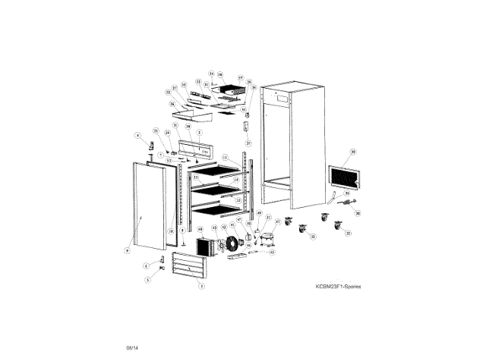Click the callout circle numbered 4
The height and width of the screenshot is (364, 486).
pyautogui.click(x=138, y=136)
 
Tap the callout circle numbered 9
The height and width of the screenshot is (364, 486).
pyautogui.click(x=128, y=248)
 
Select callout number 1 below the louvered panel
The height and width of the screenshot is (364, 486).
pyautogui.click(x=201, y=286)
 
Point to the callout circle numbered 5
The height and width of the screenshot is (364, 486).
pyautogui.click(x=148, y=279)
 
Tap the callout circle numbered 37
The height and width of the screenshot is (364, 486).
pyautogui.click(x=248, y=143)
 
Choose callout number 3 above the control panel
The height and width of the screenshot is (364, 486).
pyautogui.click(x=199, y=132)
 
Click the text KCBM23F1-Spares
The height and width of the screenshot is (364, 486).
pyautogui.click(x=339, y=287)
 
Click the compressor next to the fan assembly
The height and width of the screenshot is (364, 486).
pyautogui.click(x=267, y=240)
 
